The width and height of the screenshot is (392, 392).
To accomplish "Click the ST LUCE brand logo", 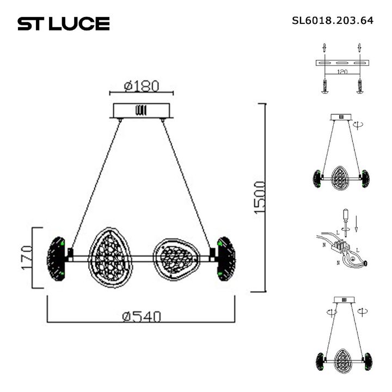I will coord(63,23).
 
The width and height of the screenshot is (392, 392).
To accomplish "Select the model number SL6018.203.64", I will coord(333,21).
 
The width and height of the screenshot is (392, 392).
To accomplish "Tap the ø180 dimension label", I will coord(141,86).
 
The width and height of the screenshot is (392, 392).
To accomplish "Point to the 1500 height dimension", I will coord(260,197).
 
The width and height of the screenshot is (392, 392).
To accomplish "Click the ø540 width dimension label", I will coord(140,316).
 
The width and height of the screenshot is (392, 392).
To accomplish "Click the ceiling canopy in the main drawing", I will coord(141,111).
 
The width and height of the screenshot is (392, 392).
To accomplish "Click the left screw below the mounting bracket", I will coord(324,87).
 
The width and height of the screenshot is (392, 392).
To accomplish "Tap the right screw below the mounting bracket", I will coord(359,87).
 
